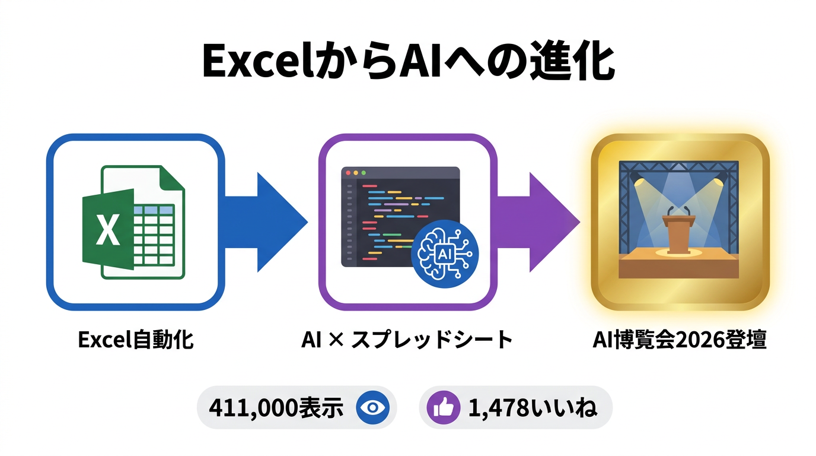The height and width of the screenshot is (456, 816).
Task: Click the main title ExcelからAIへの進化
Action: (x=408, y=62)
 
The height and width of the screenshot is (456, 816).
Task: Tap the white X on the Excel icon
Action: (x=107, y=232)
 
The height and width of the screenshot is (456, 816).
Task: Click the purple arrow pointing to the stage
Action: (x=540, y=222)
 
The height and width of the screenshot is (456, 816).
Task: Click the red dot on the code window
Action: (x=348, y=173)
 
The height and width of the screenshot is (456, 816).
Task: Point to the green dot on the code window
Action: (x=364, y=173)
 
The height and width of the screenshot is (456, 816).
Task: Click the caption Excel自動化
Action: (x=136, y=341)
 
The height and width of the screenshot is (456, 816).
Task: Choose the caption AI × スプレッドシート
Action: (x=407, y=341)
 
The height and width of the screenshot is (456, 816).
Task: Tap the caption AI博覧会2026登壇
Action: (x=680, y=341)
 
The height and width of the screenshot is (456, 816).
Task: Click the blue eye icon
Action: (x=371, y=407)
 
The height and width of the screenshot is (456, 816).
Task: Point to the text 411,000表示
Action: (x=276, y=408)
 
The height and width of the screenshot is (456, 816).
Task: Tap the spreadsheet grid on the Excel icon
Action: (x=154, y=235)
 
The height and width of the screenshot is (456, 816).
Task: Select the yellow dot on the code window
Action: (x=356, y=173)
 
